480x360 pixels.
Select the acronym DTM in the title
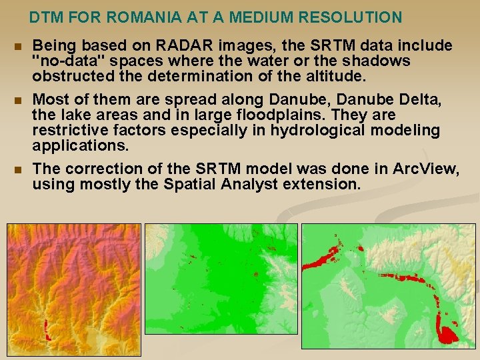tap(45, 17)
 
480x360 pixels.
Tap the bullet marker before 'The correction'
tap(17, 169)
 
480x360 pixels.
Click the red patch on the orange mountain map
tap(46, 328)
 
